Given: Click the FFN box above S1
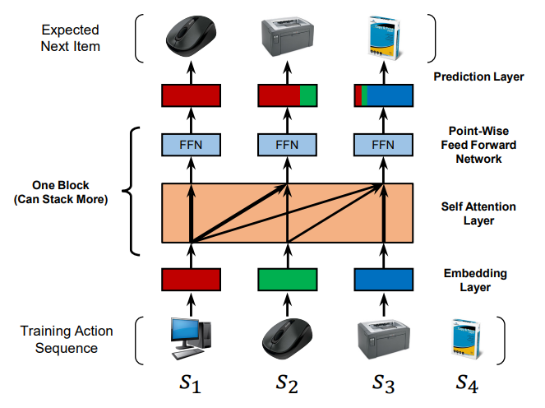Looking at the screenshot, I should (191, 144).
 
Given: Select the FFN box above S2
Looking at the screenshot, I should (287, 144).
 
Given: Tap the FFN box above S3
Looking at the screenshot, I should (382, 144).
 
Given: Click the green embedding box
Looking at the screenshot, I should (287, 280).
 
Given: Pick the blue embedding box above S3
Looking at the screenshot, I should (382, 280).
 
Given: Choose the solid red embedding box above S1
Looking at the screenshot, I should (191, 280).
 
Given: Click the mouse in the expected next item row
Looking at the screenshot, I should (191, 37).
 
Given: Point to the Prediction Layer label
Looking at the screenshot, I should (478, 76).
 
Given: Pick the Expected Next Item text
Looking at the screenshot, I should (72, 38).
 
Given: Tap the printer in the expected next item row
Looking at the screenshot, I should (287, 38).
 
